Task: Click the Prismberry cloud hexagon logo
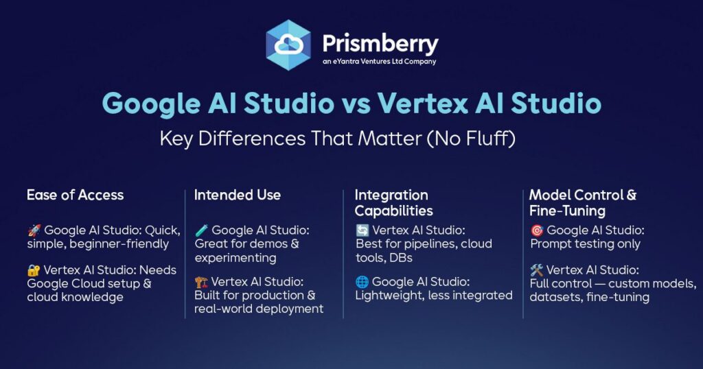point(288,45)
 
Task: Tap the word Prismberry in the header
point(380,43)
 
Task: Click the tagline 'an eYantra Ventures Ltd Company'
point(379,62)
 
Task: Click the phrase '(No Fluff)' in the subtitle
point(471,139)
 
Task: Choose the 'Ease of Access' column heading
point(76,195)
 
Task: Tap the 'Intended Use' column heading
point(238,195)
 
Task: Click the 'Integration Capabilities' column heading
point(394,203)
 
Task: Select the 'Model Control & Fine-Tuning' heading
point(583,203)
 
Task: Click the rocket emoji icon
point(34,230)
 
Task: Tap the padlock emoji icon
point(34,270)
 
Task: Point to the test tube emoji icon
point(202,230)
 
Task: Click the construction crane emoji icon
point(201,282)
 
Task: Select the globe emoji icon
point(362,282)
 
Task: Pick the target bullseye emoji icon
point(537,230)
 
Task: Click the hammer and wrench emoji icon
point(537,270)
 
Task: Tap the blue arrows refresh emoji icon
point(362,230)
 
